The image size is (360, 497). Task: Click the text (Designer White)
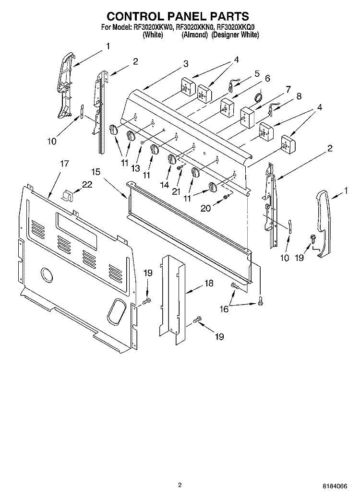(235, 35)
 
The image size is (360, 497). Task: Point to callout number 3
(185, 63)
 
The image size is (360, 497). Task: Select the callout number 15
(96, 171)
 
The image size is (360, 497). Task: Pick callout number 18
(208, 283)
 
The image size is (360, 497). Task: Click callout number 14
(165, 184)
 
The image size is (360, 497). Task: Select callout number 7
(288, 89)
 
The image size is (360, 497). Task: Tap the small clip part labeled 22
(68, 196)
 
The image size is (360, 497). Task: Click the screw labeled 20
(226, 197)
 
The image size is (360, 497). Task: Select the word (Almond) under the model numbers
(194, 35)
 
